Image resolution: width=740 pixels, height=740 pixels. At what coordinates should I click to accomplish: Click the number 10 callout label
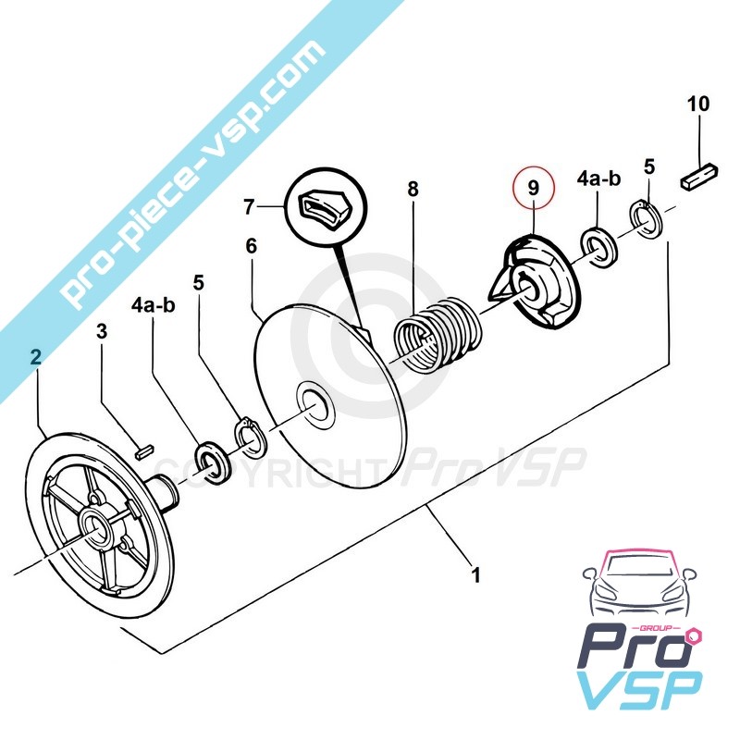[698, 103]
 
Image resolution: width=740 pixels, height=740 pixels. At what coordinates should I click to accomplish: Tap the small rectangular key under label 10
[700, 175]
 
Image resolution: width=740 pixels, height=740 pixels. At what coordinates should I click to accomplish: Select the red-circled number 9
[532, 187]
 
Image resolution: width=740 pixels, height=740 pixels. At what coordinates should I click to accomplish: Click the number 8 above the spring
[413, 189]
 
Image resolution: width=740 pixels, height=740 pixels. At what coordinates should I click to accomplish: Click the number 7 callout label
[249, 207]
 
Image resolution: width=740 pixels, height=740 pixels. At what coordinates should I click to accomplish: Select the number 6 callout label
[250, 247]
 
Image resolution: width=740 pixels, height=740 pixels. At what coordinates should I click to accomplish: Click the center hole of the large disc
[312, 404]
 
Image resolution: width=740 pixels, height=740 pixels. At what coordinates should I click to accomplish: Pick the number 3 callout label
[103, 330]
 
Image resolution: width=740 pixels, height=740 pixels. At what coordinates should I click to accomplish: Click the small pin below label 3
[142, 450]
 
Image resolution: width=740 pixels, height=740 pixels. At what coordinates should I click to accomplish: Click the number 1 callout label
[475, 577]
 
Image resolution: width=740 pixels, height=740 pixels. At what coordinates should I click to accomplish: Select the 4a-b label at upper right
[598, 177]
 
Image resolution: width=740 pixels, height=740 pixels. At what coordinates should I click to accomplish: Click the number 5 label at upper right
[649, 166]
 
